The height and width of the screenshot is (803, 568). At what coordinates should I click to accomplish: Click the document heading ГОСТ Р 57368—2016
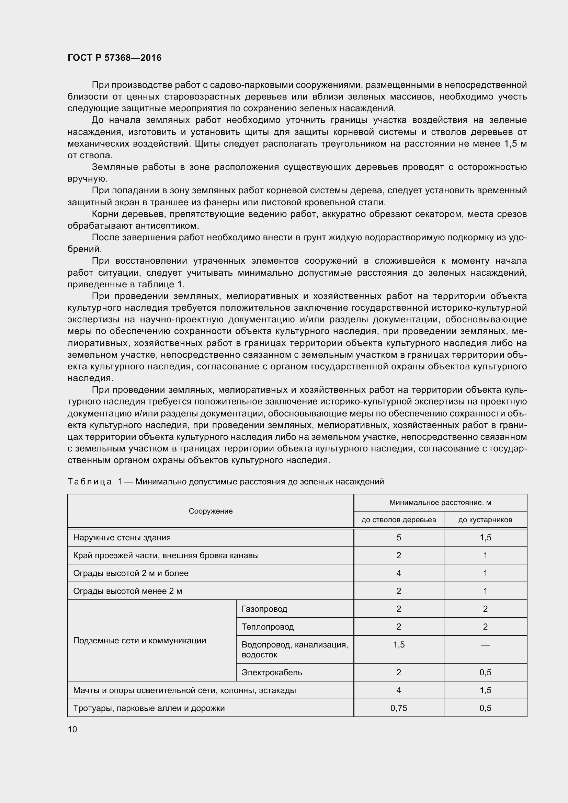pos(114,58)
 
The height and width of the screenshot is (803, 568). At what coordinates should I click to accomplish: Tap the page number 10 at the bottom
pos(72,729)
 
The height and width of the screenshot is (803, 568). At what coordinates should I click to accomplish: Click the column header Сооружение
pos(211,511)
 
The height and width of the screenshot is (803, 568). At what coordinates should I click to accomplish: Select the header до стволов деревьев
pos(398,520)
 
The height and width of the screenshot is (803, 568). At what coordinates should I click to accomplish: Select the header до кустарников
pos(485,520)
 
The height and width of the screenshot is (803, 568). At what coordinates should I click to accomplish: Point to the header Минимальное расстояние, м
pos(440,503)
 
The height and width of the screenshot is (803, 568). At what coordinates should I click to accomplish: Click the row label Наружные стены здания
pos(122,538)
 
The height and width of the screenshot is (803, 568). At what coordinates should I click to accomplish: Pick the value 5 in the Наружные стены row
pos(398,538)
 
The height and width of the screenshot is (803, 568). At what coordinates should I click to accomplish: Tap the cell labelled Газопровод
pos(264,609)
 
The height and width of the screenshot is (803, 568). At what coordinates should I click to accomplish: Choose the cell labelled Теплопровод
pos(268,627)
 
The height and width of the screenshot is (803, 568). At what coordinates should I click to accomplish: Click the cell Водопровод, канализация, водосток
pos(295,650)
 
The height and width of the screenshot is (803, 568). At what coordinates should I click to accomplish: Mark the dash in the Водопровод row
pos(485,645)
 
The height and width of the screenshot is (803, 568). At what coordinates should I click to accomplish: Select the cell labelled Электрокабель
pos(271,672)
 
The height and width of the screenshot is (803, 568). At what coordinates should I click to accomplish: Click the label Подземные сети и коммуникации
pos(139,640)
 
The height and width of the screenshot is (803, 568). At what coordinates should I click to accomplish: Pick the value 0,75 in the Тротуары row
pos(398,708)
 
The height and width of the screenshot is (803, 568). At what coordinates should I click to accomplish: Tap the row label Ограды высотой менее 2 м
pos(127,591)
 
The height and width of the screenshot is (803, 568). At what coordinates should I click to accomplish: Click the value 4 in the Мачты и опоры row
pos(398,690)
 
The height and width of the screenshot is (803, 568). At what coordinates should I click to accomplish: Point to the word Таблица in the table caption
pos(90,482)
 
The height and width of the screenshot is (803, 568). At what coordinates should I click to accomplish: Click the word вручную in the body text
pos(88,179)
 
